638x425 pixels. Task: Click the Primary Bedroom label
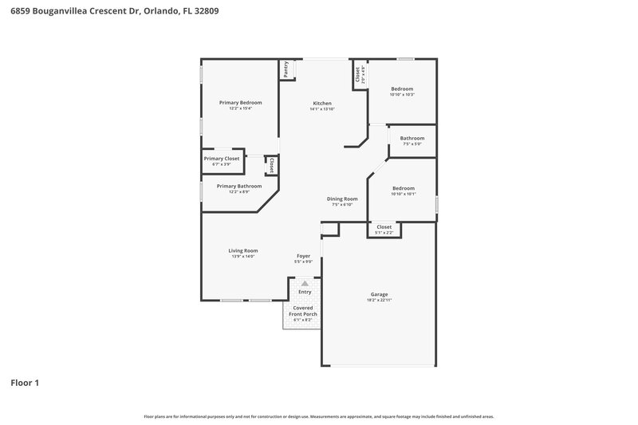pos(240,102)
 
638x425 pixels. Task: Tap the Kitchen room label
pos(321,103)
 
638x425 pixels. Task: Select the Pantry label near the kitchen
pos(285,70)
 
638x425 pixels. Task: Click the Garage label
pos(379,294)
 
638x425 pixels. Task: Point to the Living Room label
pos(243,250)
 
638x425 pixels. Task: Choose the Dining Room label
pos(342,199)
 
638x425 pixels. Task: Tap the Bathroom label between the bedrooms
pos(412,138)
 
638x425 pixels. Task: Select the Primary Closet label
pos(222,158)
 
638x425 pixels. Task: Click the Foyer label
pos(303,256)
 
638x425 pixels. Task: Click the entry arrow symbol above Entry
pos(305,283)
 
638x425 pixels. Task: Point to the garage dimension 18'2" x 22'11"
pos(379,300)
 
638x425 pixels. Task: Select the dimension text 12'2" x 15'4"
pos(240,108)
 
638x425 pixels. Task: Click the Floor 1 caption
pos(25,383)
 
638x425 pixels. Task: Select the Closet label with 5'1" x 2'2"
pos(384,226)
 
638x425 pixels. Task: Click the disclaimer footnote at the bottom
pos(319,416)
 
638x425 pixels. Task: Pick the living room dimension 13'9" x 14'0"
pos(243,256)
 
